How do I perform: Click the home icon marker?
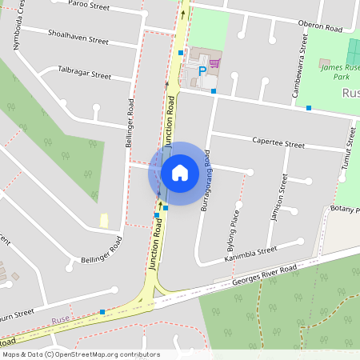[179, 173]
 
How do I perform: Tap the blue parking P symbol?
[202, 71]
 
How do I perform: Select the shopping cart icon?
[214, 62]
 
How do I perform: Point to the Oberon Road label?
[320, 27]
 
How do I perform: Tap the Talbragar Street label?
[84, 74]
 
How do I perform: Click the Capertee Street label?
[278, 145]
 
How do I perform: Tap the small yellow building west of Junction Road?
[103, 219]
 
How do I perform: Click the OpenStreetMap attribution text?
[80, 354]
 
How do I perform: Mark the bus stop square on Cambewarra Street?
[308, 108]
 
